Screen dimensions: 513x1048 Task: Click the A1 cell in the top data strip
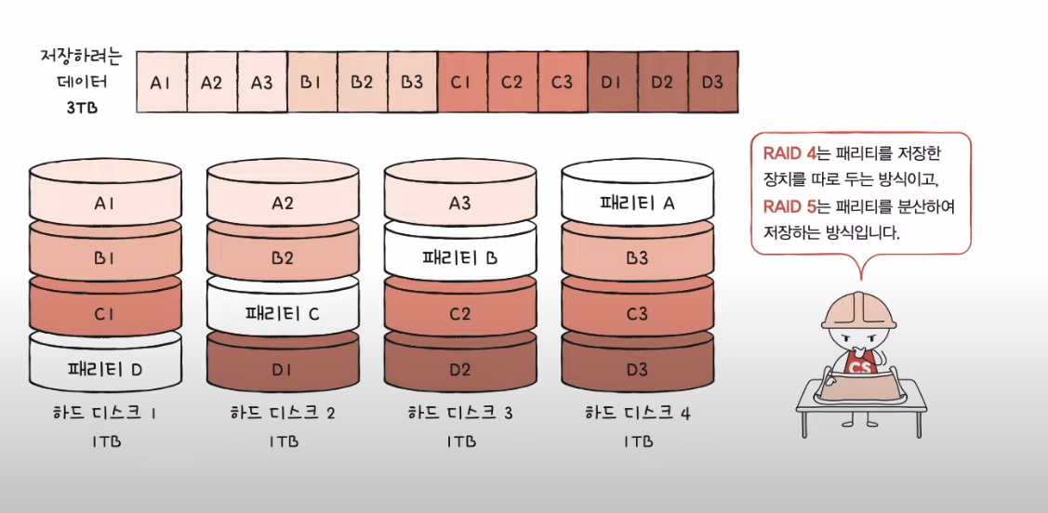(x=162, y=82)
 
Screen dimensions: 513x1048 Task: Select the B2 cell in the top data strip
(x=363, y=82)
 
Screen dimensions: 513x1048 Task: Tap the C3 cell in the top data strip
(x=563, y=82)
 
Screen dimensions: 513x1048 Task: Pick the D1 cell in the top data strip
(x=612, y=82)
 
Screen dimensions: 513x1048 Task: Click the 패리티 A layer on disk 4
(x=637, y=202)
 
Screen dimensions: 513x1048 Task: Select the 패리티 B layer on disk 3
(x=460, y=257)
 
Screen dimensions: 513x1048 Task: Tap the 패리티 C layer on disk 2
(x=283, y=313)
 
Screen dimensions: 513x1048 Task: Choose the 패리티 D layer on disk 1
(x=105, y=369)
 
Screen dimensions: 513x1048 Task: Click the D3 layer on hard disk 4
(x=637, y=370)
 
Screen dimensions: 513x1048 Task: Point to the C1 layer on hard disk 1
(x=105, y=314)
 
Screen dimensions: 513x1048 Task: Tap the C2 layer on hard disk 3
(x=460, y=314)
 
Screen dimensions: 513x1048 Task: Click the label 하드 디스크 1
(x=105, y=412)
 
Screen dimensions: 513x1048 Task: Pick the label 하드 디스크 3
(x=460, y=412)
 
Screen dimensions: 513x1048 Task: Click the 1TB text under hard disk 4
(x=637, y=441)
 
